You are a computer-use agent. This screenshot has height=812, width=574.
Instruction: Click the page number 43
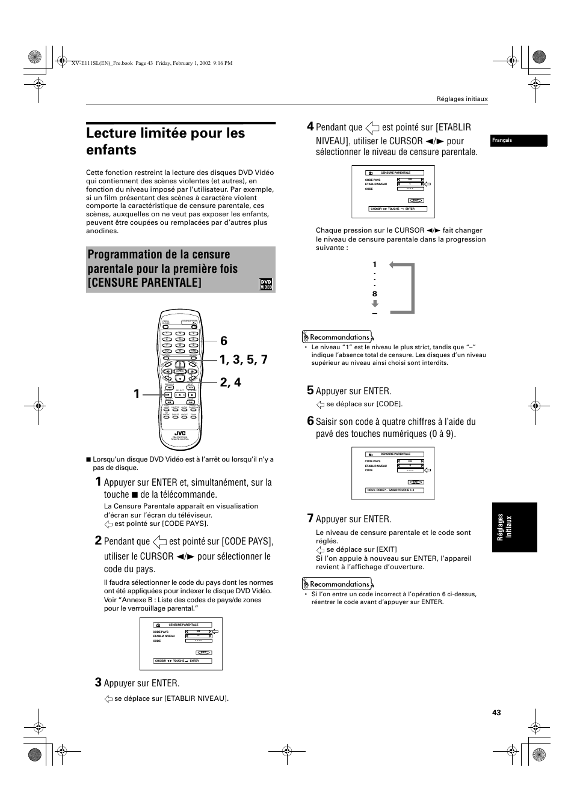(x=496, y=713)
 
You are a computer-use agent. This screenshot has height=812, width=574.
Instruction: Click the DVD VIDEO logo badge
(x=266, y=284)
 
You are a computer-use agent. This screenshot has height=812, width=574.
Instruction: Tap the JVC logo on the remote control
(x=180, y=433)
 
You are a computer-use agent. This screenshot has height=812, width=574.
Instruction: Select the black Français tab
(x=519, y=141)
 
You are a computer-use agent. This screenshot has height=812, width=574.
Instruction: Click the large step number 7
(x=310, y=518)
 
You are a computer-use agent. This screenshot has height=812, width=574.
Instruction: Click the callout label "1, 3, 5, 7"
(x=243, y=359)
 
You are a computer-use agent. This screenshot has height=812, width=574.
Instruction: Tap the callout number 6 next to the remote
(x=224, y=341)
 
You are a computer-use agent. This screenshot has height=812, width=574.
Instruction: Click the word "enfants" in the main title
(x=111, y=150)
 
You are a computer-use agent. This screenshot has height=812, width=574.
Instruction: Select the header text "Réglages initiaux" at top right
(x=461, y=99)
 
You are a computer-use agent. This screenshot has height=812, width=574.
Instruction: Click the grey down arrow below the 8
(x=375, y=304)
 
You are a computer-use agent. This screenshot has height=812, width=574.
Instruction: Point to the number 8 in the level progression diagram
(x=374, y=294)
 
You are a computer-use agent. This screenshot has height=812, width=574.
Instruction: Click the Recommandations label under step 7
(x=338, y=584)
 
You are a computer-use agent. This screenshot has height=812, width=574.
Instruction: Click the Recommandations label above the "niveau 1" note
(x=338, y=337)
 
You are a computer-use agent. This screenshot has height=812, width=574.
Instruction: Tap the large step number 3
(x=98, y=682)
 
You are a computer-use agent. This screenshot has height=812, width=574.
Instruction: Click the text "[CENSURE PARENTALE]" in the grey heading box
(x=145, y=282)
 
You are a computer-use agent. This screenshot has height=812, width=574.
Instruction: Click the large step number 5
(x=310, y=390)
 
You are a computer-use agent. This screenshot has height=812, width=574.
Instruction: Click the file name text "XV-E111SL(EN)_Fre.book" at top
(x=102, y=63)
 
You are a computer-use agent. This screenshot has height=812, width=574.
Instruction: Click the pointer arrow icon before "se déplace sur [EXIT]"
(x=320, y=549)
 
